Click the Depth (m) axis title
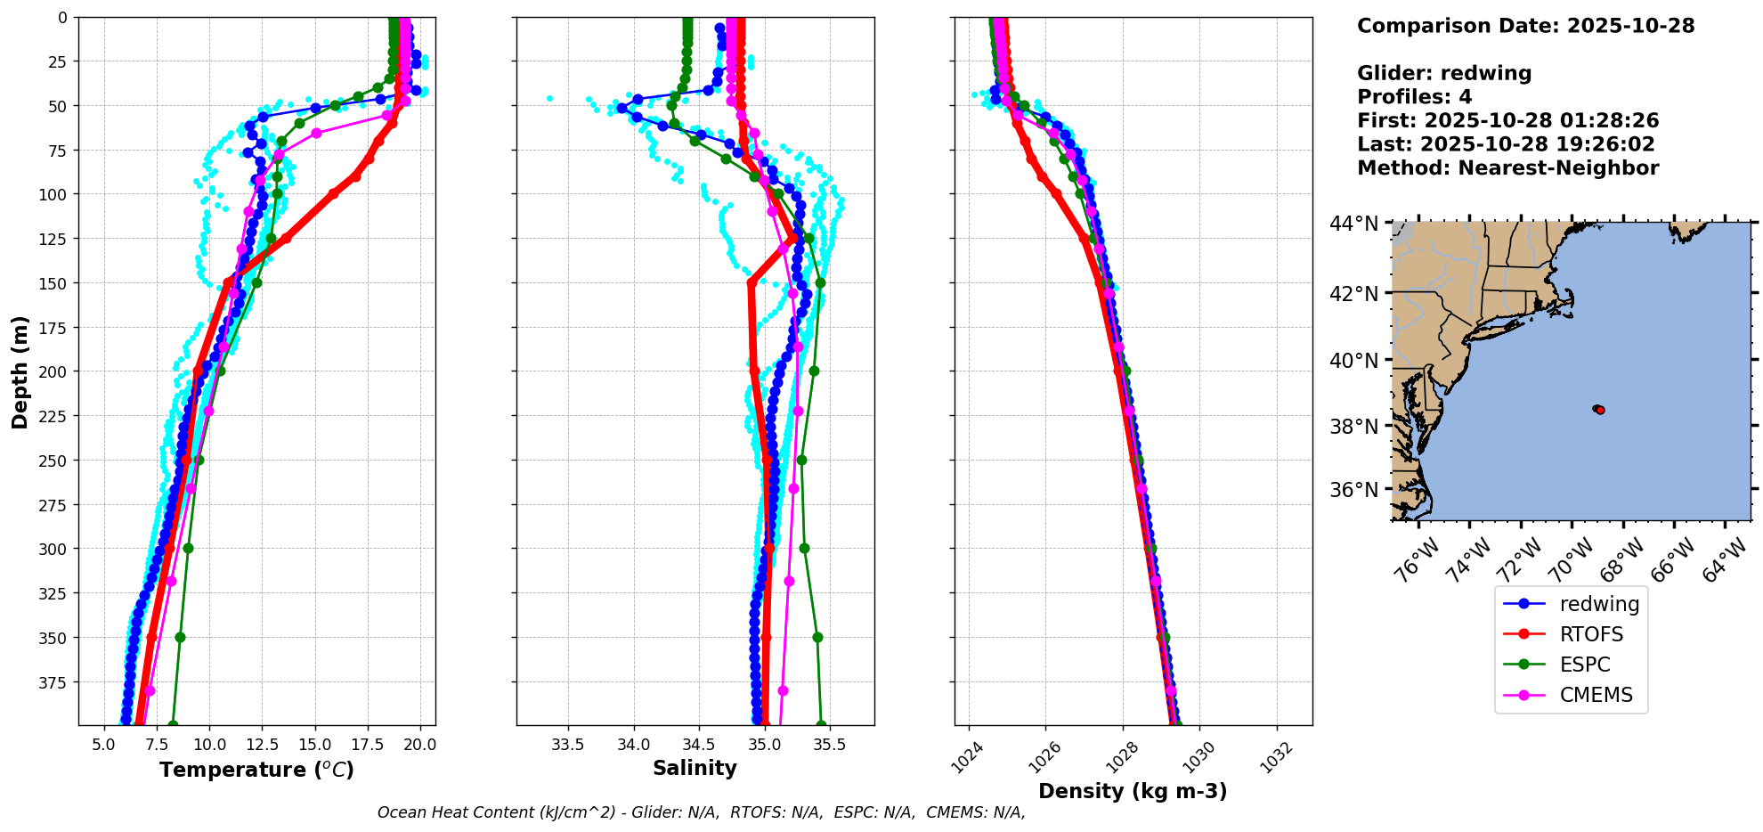click(x=20, y=371)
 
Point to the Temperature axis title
click(x=256, y=770)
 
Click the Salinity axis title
click(x=695, y=769)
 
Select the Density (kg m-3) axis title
click(x=1133, y=791)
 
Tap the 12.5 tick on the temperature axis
click(x=262, y=745)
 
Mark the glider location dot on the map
click(x=1598, y=409)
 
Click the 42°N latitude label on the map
click(x=1353, y=294)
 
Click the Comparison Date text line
click(x=1525, y=26)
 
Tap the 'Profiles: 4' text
click(x=1414, y=97)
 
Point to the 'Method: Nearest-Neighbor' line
click(x=1507, y=168)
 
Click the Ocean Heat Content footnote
click(x=701, y=812)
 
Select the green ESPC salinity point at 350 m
click(x=817, y=637)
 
